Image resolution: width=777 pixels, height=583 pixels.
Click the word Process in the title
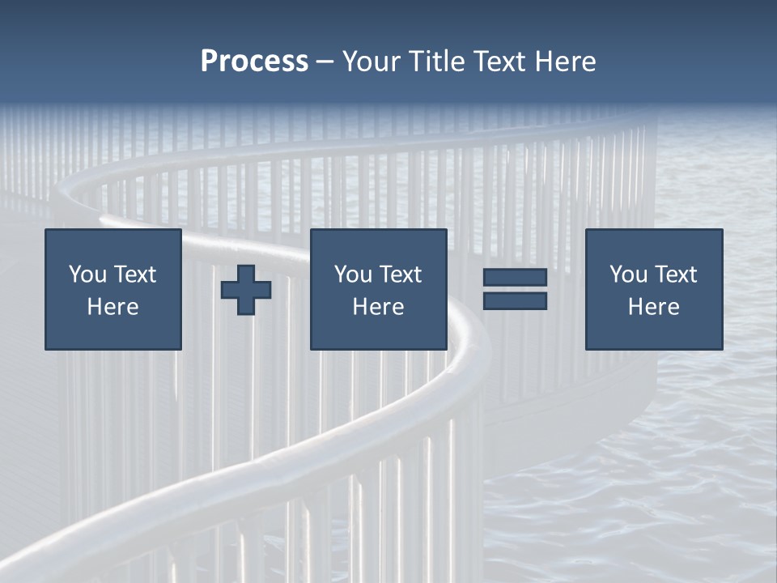(x=254, y=62)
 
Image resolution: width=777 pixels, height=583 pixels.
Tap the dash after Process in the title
(x=325, y=62)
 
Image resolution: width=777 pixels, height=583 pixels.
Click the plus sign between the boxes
(x=246, y=290)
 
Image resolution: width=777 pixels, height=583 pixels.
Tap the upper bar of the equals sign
(x=515, y=278)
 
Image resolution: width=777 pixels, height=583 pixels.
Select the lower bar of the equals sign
(x=515, y=301)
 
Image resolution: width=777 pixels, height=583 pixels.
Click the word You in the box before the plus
(x=87, y=274)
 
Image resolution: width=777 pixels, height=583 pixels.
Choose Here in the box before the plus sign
(x=113, y=307)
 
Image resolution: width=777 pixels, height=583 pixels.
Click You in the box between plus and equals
(x=353, y=274)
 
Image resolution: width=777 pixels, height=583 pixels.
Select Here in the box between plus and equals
(x=378, y=307)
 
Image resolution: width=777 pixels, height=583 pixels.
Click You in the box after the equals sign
(x=628, y=274)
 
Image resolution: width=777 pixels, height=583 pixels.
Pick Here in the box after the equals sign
(x=653, y=307)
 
